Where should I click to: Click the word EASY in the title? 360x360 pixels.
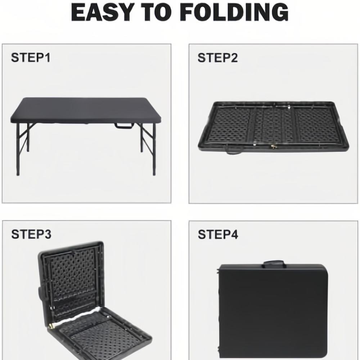click(x=103, y=12)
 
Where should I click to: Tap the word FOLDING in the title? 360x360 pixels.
click(x=234, y=12)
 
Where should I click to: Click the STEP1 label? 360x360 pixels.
click(x=31, y=57)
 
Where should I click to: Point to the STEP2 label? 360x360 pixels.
click(x=218, y=58)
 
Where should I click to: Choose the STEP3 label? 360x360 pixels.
click(x=31, y=234)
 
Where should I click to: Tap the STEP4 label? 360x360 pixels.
click(x=218, y=234)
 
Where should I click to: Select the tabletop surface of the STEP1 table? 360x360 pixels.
click(x=86, y=110)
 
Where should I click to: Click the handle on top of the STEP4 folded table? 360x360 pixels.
click(x=274, y=264)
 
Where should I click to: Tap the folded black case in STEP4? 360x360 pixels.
click(x=273, y=311)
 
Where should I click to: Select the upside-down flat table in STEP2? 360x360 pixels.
click(x=274, y=126)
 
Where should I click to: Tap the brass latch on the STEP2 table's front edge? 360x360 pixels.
click(x=273, y=147)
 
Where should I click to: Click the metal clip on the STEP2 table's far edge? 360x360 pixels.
click(x=289, y=107)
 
